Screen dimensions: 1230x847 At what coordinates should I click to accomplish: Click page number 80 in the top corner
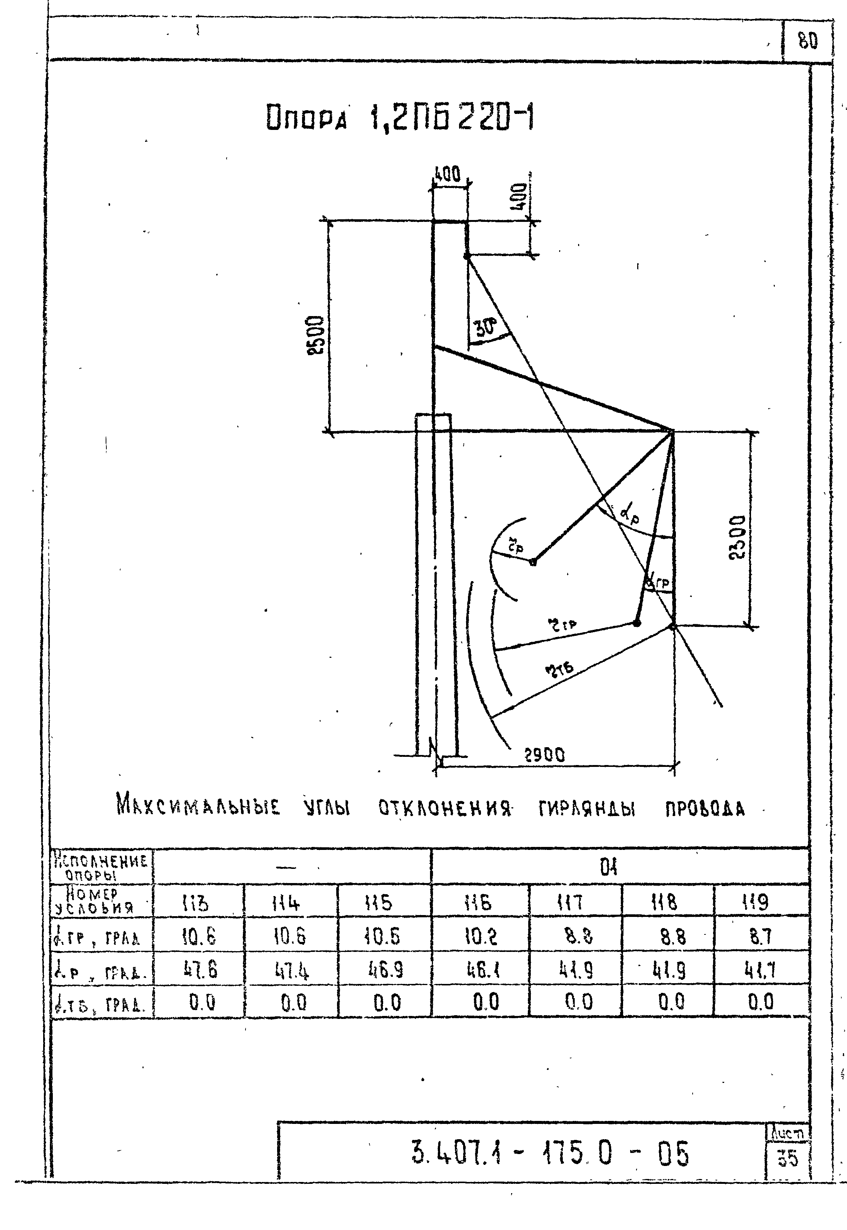808,41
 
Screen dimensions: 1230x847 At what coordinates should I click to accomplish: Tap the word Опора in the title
306,118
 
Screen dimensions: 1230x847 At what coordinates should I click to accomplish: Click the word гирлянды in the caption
586,809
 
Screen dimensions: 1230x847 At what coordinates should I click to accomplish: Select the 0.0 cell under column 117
578,1002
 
